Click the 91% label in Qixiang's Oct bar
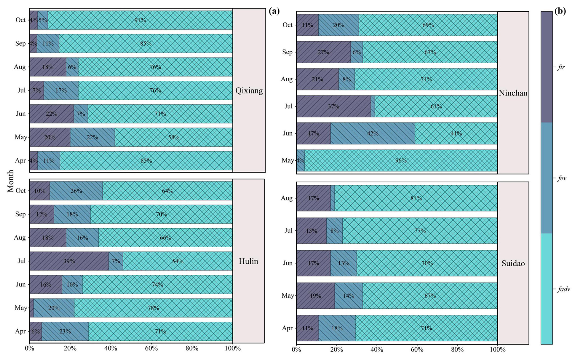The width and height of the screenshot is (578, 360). pyautogui.click(x=140, y=20)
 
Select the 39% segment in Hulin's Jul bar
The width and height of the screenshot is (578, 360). pyautogui.click(x=69, y=261)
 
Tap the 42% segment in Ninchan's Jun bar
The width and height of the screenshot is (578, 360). pyautogui.click(x=373, y=133)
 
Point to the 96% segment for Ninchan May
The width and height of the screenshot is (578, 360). pyautogui.click(x=401, y=160)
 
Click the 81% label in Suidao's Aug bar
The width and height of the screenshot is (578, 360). pyautogui.click(x=416, y=198)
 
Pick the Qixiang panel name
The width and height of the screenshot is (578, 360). pyautogui.click(x=249, y=90)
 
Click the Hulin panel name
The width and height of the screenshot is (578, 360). pyautogui.click(x=248, y=261)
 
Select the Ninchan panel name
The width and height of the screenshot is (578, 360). pyautogui.click(x=513, y=93)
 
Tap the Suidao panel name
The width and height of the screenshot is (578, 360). pyautogui.click(x=513, y=263)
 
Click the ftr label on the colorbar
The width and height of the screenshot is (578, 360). pyautogui.click(x=561, y=67)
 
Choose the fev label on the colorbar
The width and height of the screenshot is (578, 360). pyautogui.click(x=562, y=178)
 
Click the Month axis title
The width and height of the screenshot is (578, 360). pyautogui.click(x=11, y=181)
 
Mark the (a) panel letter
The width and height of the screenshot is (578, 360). pyautogui.click(x=274, y=11)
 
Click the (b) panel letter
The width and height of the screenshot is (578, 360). pyautogui.click(x=560, y=11)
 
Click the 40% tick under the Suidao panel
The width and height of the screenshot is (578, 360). pyautogui.click(x=377, y=349)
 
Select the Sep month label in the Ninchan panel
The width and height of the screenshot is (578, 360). pyautogui.click(x=287, y=52)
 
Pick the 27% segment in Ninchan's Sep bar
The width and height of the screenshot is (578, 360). pyautogui.click(x=323, y=52)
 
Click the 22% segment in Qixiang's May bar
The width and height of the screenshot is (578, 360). pyautogui.click(x=92, y=137)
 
